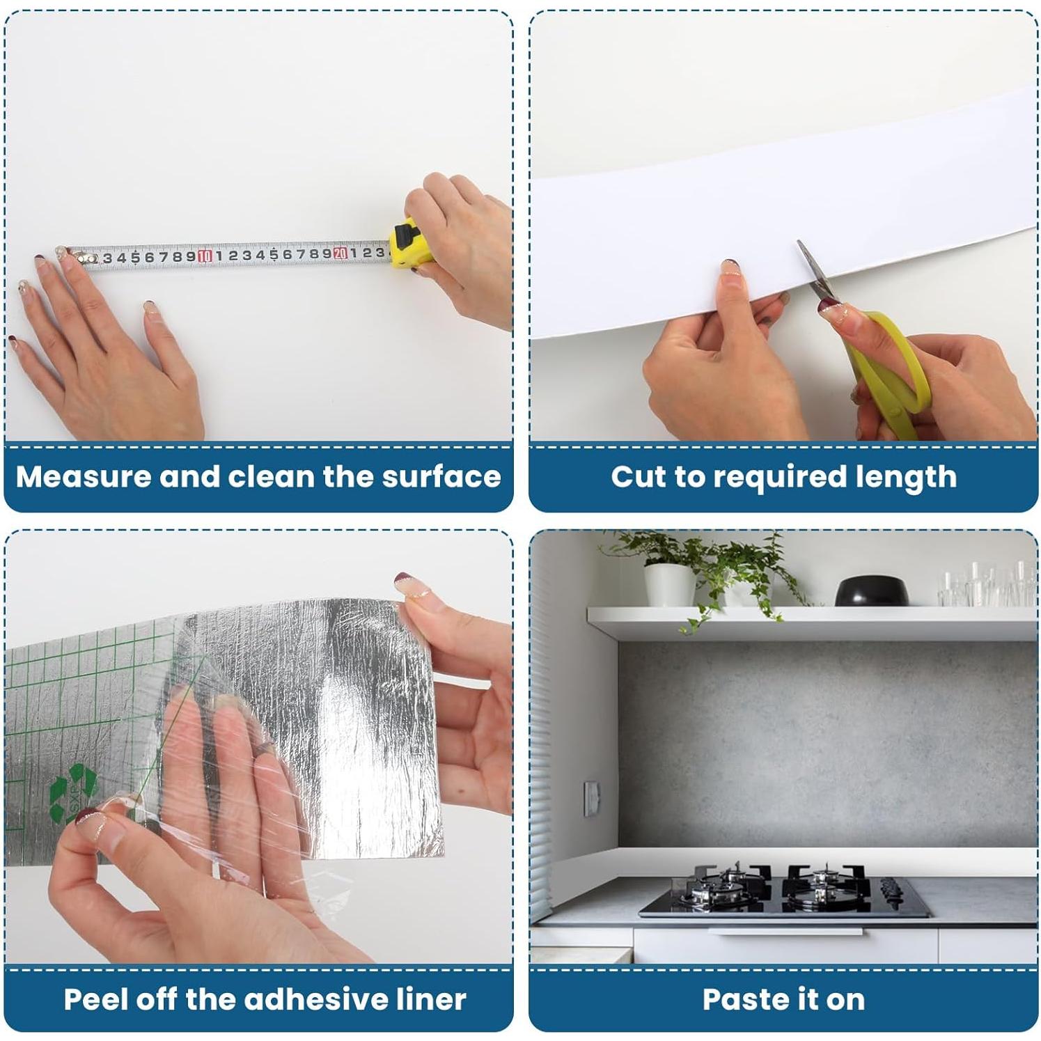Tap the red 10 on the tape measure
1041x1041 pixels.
(x=204, y=256)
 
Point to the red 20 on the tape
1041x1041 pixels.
(x=340, y=253)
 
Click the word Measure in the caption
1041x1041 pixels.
(x=84, y=477)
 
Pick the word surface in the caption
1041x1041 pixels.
(x=441, y=477)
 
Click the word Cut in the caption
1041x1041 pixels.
(x=638, y=477)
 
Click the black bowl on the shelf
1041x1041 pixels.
(x=871, y=591)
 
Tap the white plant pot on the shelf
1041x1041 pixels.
(x=669, y=584)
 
